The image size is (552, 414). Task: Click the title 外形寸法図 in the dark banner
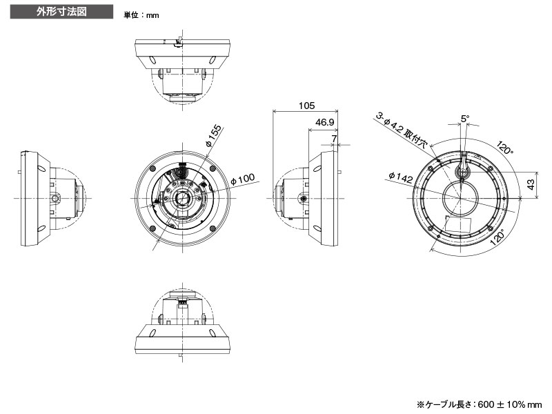tap(61, 12)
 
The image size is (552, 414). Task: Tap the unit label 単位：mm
tap(141, 14)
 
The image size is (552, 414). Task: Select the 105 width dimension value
tap(306, 106)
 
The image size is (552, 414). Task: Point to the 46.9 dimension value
tap(324, 122)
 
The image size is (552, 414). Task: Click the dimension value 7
tap(335, 139)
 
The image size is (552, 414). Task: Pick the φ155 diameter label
tap(213, 136)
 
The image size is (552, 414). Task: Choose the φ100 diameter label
tap(242, 179)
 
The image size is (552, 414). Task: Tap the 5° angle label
tap(465, 119)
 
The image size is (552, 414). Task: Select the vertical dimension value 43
tap(531, 185)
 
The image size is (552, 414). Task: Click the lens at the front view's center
tap(182, 198)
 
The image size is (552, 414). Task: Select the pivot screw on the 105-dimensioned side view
tap(302, 199)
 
